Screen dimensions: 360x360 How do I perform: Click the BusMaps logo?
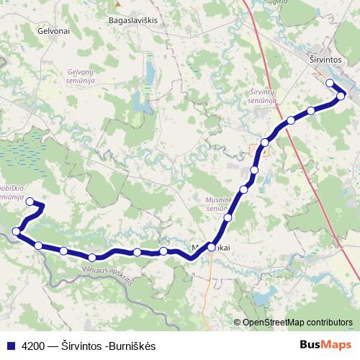point(325,346)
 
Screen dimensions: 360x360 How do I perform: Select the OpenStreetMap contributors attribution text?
point(297,323)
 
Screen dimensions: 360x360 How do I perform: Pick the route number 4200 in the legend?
point(34,346)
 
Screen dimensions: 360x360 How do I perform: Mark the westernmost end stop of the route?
point(17,231)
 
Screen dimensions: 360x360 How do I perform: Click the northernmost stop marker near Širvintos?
point(330,83)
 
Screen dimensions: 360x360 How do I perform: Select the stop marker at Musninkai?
point(211,246)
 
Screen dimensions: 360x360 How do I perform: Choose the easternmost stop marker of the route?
point(341,95)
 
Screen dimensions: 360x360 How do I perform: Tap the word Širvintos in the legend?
point(81,346)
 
